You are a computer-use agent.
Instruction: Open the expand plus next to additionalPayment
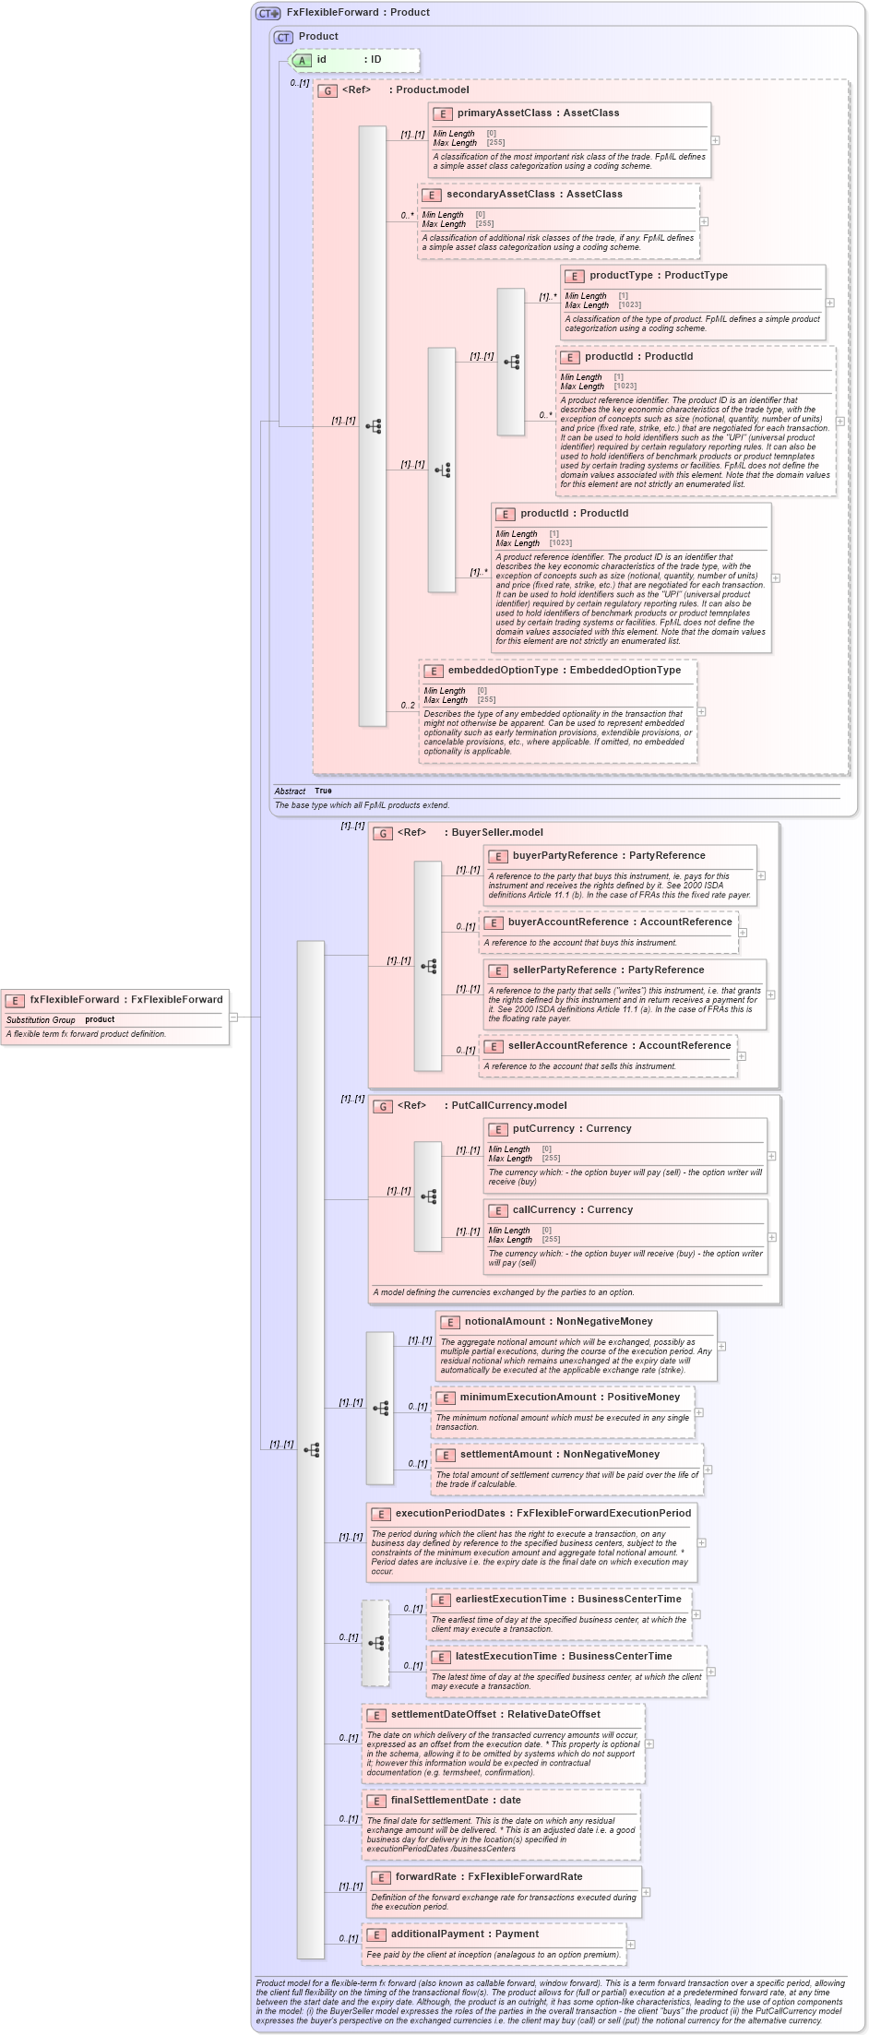631,1945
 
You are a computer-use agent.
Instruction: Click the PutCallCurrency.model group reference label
508,1106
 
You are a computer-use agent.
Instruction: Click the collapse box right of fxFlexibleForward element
233,1017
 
